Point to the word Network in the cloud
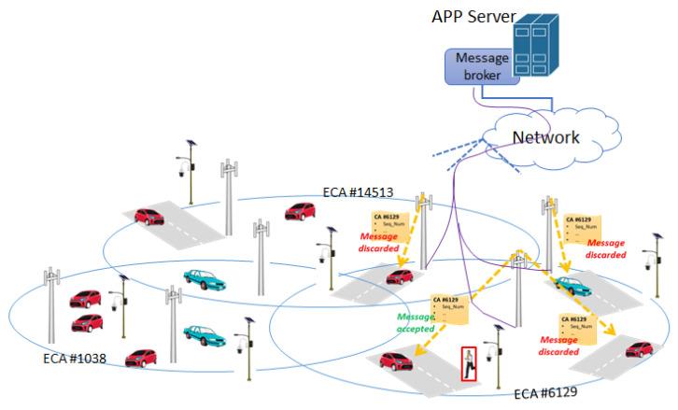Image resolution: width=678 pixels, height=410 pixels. (x=546, y=137)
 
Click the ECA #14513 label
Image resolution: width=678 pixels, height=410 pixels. (x=358, y=193)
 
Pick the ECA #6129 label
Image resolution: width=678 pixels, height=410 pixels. (x=545, y=392)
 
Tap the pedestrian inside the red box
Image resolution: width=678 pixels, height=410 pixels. (x=469, y=363)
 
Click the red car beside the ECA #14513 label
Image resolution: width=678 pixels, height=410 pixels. (x=301, y=210)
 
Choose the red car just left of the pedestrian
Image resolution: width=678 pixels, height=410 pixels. (x=398, y=360)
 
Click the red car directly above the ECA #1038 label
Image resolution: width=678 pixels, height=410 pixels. (x=88, y=322)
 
